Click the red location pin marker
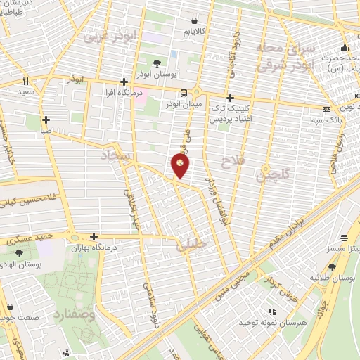(180, 166)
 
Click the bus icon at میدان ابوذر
(184, 93)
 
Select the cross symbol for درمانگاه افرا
(123, 82)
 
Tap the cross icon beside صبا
(46, 120)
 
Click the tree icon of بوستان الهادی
(19, 252)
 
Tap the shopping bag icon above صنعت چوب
(11, 306)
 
